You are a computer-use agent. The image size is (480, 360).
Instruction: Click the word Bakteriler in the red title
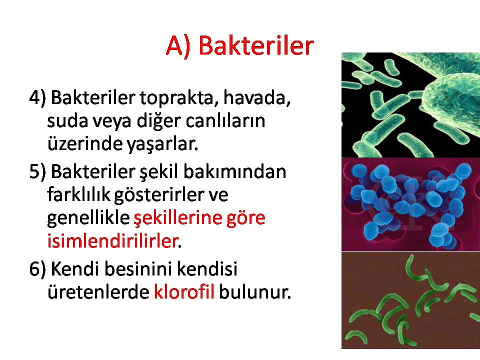pos(256,46)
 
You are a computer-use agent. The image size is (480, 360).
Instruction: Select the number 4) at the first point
pos(37,98)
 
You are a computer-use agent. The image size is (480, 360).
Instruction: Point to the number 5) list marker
pos(37,171)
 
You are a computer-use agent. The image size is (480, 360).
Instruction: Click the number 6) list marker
pos(37,269)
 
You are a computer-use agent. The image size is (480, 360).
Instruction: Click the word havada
pos(257,98)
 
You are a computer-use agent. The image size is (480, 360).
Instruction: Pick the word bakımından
pos(235,171)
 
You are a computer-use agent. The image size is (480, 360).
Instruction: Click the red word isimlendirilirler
pos(113,241)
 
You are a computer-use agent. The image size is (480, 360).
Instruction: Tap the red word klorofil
pos(183,291)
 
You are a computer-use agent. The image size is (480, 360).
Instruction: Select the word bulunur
pos(254,291)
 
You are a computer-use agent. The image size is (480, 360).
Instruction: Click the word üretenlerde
pos(98,291)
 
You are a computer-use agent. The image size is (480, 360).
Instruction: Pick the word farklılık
pos(78,194)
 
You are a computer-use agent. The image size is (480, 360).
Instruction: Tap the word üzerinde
pos(85,143)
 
